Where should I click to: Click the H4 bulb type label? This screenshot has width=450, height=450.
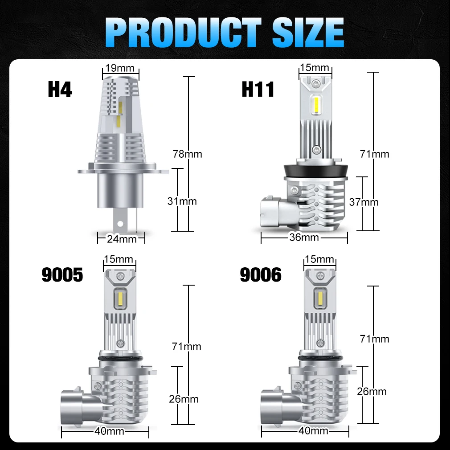tap(60, 89)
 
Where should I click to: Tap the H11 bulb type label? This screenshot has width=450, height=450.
tap(258, 89)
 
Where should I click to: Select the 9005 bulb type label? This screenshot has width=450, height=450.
tap(62, 274)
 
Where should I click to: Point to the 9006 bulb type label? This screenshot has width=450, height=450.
tap(261, 274)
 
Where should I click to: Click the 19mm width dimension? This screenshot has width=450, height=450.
tap(120, 68)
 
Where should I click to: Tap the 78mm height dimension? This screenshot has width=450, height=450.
tap(188, 154)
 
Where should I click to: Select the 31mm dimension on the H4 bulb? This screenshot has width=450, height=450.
tap(182, 201)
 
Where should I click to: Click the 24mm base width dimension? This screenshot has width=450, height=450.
tap(122, 239)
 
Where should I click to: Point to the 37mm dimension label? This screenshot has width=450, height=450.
tap(364, 202)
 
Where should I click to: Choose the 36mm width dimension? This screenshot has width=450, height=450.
tap(304, 237)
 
